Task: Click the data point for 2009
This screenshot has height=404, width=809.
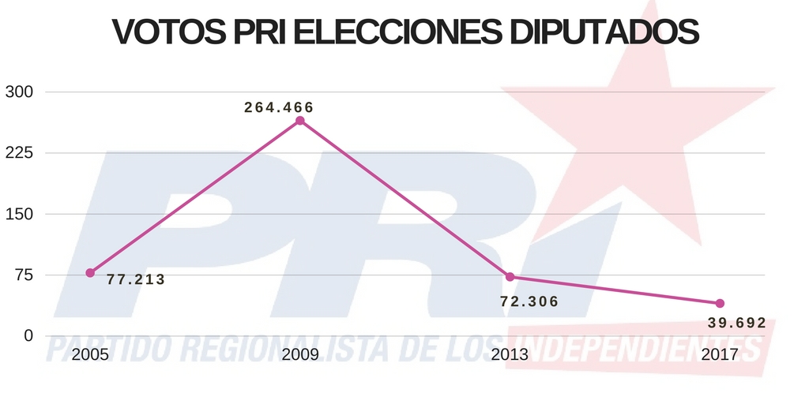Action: [x=300, y=121]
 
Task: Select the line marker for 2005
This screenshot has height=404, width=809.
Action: [x=90, y=273]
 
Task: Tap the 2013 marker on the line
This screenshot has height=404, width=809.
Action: [x=510, y=277]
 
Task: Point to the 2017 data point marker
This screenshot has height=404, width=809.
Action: [x=720, y=304]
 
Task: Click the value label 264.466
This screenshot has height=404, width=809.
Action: [x=279, y=107]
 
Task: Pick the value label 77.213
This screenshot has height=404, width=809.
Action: [x=136, y=279]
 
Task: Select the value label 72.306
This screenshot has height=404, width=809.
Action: [x=529, y=301]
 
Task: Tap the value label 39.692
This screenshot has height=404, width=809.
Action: [x=737, y=323]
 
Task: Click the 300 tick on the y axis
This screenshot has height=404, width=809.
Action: [x=19, y=92]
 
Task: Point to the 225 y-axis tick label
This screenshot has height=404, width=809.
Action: [x=19, y=153]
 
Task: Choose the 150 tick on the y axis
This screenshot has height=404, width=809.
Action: [x=19, y=214]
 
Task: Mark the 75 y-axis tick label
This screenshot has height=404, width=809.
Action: [x=23, y=275]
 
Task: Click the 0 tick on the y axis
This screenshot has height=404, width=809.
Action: [x=28, y=336]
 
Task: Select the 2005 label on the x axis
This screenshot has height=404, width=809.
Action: [x=90, y=355]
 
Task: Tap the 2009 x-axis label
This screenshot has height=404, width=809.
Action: [x=300, y=355]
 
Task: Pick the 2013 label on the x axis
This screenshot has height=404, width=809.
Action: [x=510, y=355]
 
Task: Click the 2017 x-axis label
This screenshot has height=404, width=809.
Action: [x=720, y=355]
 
